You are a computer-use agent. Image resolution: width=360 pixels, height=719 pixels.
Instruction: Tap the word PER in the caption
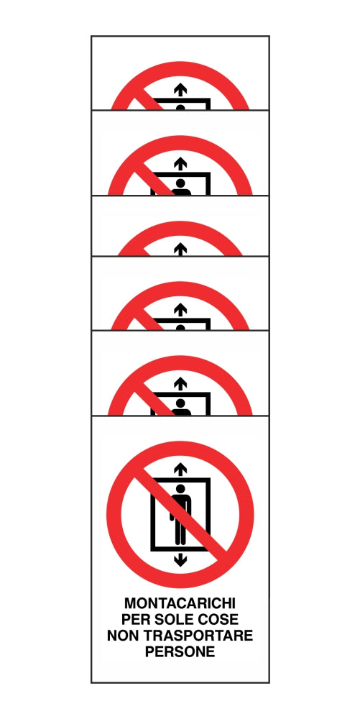tap(135, 620)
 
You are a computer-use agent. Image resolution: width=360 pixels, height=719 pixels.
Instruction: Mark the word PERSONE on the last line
tap(180, 652)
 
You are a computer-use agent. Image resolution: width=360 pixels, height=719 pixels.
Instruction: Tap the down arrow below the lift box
tap(180, 559)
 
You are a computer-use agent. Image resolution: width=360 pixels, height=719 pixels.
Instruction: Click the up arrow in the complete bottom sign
tap(180, 470)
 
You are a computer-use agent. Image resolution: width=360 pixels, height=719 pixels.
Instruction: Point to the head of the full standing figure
tap(180, 489)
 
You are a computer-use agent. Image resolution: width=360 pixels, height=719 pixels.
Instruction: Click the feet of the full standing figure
tap(180, 541)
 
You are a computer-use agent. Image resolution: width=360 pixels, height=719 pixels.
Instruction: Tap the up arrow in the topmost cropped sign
tap(180, 89)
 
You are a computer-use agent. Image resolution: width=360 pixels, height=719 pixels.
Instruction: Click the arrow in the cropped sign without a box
tap(180, 248)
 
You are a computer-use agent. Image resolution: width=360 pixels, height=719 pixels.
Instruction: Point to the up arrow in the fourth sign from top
tap(180, 309)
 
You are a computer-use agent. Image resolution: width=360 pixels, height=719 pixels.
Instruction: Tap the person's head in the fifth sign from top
tap(180, 403)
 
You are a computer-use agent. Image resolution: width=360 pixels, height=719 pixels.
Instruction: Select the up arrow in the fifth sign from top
tap(180, 385)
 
